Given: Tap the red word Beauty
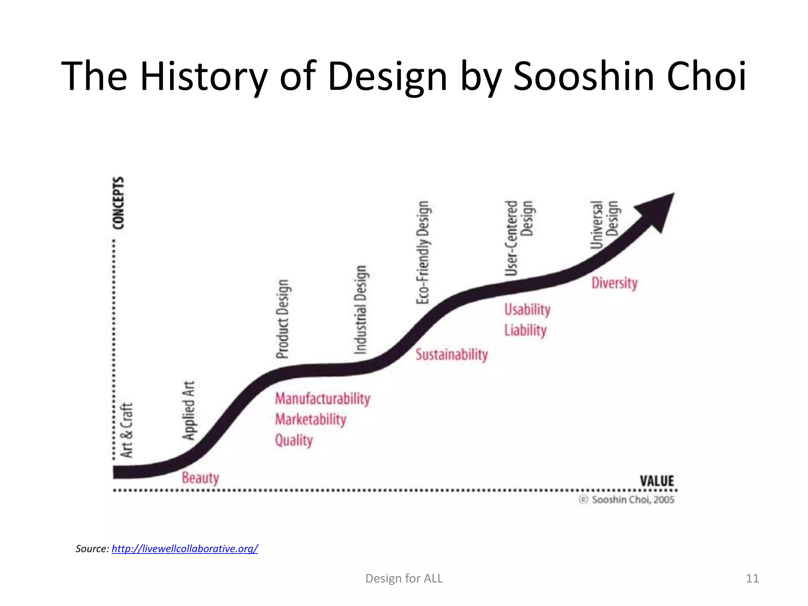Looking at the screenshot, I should [x=200, y=478].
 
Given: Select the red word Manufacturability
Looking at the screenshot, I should [x=322, y=398].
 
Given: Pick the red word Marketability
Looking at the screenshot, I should [x=310, y=419].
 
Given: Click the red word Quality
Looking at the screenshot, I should [x=294, y=440].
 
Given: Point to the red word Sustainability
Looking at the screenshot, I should [x=451, y=354].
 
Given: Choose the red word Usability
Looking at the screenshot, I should [x=527, y=309].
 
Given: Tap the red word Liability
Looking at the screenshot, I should [x=525, y=330].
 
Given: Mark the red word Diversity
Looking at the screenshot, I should [x=614, y=283].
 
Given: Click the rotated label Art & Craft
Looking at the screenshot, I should [x=127, y=430].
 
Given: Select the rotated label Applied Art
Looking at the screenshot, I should [x=189, y=410].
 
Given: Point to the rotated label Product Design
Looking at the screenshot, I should [x=282, y=319].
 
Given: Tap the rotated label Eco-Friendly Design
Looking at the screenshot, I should [x=423, y=252].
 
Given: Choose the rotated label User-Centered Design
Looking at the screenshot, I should [x=519, y=238].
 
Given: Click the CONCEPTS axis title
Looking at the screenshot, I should [x=118, y=203].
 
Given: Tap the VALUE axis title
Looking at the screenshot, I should [x=656, y=481].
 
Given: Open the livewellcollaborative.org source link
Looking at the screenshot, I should [x=185, y=548].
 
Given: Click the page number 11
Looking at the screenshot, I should [x=752, y=578].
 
